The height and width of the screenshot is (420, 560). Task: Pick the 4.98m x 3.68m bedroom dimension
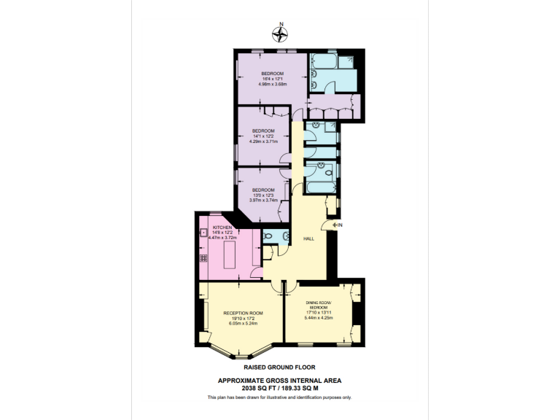click(273, 84)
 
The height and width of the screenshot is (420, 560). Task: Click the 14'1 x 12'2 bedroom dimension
click(264, 136)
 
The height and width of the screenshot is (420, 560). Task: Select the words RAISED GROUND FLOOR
click(279, 367)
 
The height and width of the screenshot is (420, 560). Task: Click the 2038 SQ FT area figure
click(249, 388)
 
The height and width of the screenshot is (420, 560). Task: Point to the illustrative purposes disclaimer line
click(279, 397)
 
